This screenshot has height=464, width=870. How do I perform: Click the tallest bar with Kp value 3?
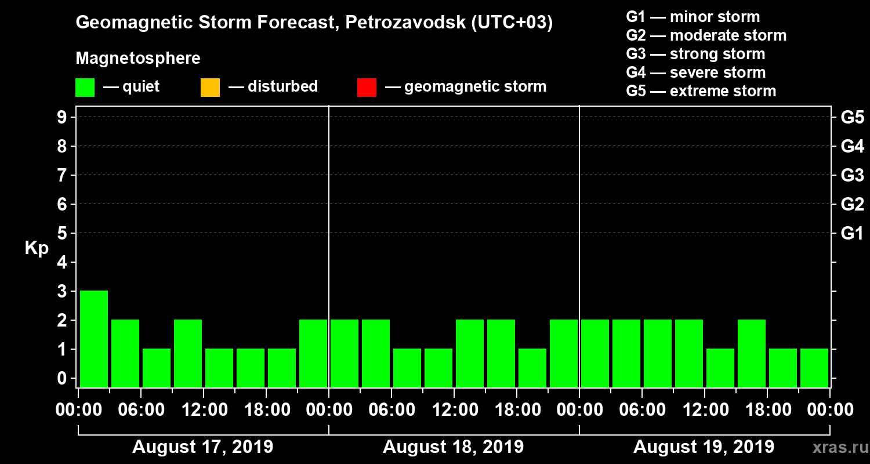pos(94,338)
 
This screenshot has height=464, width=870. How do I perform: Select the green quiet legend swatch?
pos(85,88)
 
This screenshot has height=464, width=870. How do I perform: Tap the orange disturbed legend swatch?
pos(210,88)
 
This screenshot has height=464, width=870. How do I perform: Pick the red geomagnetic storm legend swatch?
pos(367,88)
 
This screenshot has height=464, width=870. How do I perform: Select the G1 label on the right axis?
pos(852,234)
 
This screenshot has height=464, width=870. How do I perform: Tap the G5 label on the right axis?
pos(852,118)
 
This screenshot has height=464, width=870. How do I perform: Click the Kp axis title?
pos(37,248)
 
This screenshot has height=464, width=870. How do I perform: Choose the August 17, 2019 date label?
pos(203,447)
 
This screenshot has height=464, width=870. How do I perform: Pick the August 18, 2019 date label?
pos(453,447)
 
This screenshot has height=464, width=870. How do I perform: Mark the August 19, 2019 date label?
pos(704,447)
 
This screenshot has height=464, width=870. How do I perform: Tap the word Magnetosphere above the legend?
pos(138,59)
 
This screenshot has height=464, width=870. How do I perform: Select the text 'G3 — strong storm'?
pos(695,54)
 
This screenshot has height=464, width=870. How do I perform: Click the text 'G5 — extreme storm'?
pos(701,91)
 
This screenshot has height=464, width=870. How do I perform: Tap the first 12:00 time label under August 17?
pos(204,410)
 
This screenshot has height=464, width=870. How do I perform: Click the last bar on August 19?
pos(814,368)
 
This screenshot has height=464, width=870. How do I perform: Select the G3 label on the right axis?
pos(852,176)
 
